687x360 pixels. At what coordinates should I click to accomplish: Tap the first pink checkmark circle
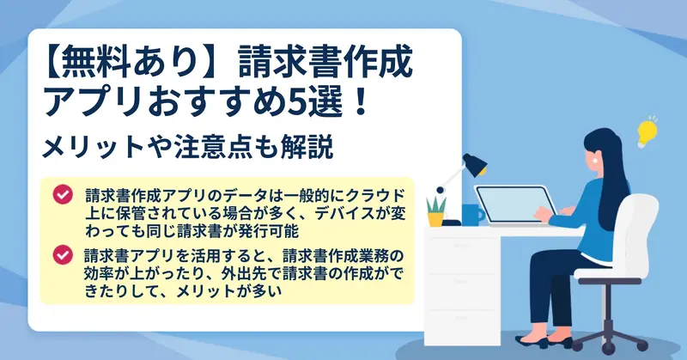(63, 194)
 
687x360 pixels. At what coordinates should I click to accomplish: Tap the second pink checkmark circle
(63, 254)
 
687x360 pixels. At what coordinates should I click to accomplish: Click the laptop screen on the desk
(516, 204)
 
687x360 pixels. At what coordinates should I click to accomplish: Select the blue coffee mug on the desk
(471, 214)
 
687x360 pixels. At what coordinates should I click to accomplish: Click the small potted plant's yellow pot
(435, 219)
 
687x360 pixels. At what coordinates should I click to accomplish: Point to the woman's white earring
(595, 161)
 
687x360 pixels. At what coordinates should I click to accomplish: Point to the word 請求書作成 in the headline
(325, 63)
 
